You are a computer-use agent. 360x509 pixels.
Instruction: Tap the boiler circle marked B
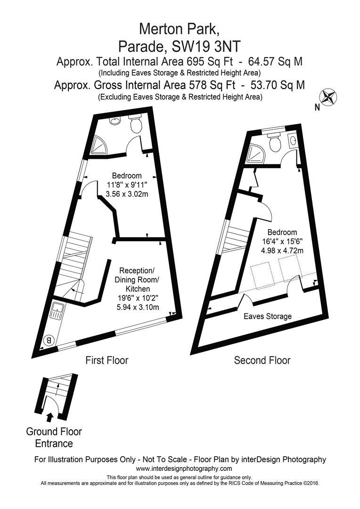pyautogui.click(x=48, y=339)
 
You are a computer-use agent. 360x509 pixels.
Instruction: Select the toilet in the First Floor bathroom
pyautogui.click(x=136, y=124)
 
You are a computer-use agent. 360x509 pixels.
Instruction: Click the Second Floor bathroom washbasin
pyautogui.click(x=293, y=140)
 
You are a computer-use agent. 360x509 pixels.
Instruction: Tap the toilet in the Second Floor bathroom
pyautogui.click(x=274, y=141)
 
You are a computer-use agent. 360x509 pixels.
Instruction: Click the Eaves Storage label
pyautogui.click(x=267, y=316)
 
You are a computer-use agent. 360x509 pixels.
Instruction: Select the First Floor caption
pyautogui.click(x=107, y=361)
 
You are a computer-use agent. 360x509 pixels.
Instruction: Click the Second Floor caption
pyautogui.click(x=262, y=361)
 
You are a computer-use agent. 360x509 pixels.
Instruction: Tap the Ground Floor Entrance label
pyautogui.click(x=54, y=437)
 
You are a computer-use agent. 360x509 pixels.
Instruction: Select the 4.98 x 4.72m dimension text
pyautogui.click(x=282, y=250)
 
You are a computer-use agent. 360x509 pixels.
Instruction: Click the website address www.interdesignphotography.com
pyautogui.click(x=184, y=468)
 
